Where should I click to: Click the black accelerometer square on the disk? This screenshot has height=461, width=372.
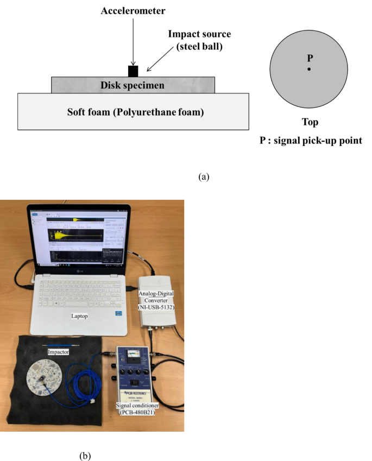[133, 71]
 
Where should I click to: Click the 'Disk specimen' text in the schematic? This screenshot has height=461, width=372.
[133, 85]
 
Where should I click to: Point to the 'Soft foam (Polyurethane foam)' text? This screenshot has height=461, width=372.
[133, 112]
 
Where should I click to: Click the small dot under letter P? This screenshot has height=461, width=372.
[309, 70]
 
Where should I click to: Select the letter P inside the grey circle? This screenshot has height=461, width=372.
[310, 58]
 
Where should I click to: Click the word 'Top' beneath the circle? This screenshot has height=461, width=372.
[310, 122]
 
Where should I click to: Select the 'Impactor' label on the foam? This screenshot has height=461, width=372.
[58, 352]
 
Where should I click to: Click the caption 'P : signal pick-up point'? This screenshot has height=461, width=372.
[311, 141]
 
